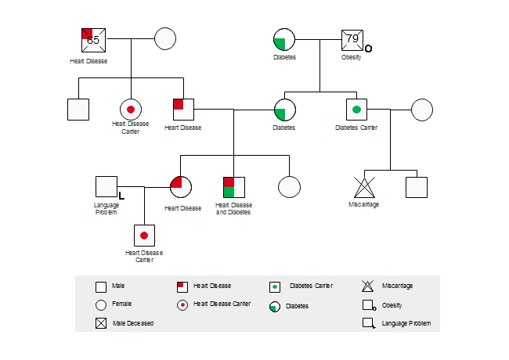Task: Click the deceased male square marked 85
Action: coord(94,39)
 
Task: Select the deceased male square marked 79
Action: coord(352,39)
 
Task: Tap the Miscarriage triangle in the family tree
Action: coord(363,188)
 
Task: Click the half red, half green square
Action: coord(234,187)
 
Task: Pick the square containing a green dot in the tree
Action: coord(356,109)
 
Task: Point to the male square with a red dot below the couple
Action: coord(144,235)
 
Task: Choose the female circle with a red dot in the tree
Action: coord(130,110)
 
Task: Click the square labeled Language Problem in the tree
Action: coord(106,187)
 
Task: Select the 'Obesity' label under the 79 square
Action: coord(351,57)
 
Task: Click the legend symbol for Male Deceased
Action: coord(100,322)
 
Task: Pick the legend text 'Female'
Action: coord(121,304)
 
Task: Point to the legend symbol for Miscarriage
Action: coord(368,286)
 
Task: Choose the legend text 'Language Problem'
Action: coord(406,322)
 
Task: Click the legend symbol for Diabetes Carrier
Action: coord(274,286)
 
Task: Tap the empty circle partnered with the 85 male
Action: coord(164,38)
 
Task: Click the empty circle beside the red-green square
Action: coord(289,187)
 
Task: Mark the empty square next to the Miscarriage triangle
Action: coord(416,187)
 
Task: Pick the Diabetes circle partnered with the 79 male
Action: coord(284,39)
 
